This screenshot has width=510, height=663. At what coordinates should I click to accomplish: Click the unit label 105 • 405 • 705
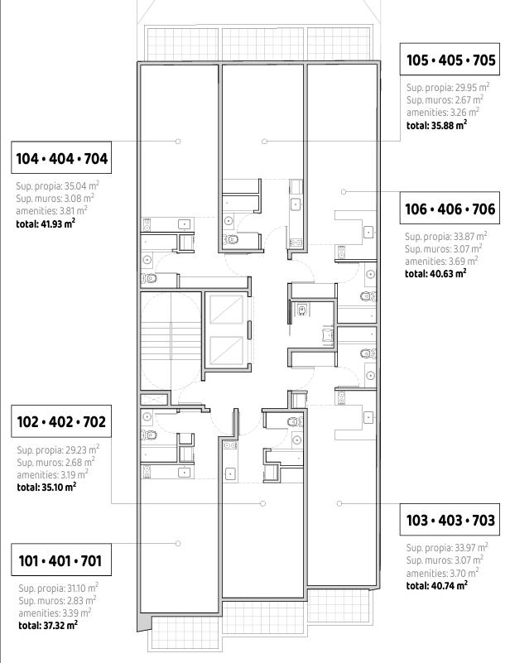click(450, 60)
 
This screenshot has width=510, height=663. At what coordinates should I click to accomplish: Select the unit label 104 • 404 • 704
click(62, 159)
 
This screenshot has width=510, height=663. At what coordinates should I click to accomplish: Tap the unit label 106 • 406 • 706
click(450, 209)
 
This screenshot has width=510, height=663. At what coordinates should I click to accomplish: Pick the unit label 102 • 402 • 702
click(61, 421)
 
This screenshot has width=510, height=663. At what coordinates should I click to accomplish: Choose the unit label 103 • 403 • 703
click(450, 520)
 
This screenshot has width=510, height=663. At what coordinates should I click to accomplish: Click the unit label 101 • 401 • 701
click(60, 560)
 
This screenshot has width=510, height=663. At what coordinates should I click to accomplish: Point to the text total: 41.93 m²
click(46, 223)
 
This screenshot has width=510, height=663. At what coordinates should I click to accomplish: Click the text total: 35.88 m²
click(436, 125)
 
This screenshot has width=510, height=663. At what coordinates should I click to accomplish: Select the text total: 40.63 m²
click(435, 273)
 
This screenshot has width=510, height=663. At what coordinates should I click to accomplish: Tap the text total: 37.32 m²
click(48, 625)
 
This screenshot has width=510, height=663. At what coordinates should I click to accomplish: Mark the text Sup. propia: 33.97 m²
click(447, 547)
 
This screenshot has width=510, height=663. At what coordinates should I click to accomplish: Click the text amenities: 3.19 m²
click(52, 474)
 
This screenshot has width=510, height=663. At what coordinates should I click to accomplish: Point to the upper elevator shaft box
click(227, 310)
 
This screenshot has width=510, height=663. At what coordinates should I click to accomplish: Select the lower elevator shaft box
click(227, 350)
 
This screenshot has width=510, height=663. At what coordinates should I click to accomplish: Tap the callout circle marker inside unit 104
click(178, 142)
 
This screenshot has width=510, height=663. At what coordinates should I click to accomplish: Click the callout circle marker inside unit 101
click(178, 543)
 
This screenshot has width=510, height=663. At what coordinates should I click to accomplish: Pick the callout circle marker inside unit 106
click(344, 191)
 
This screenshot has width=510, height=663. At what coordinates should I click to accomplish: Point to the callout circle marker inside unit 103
click(339, 503)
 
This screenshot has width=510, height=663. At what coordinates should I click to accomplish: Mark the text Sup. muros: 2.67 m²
click(445, 100)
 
